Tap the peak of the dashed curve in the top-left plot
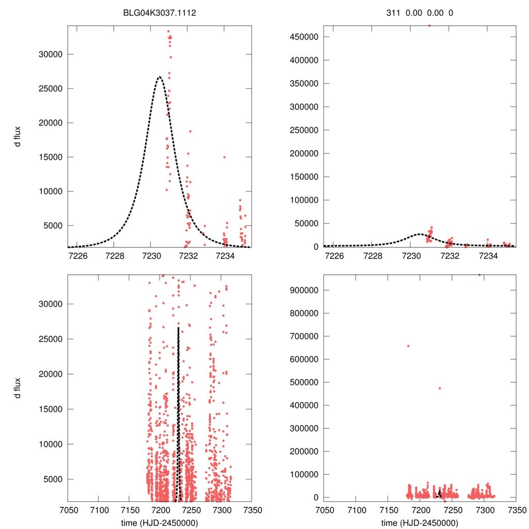[160, 76]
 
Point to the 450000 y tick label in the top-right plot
[305, 37]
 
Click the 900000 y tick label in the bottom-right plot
[305, 290]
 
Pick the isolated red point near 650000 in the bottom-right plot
[408, 346]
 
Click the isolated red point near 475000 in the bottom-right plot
[440, 388]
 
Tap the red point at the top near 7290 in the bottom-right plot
[479, 275]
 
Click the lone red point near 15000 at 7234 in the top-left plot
[224, 157]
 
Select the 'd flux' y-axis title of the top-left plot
[18, 136]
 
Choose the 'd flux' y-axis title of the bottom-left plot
[18, 388]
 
